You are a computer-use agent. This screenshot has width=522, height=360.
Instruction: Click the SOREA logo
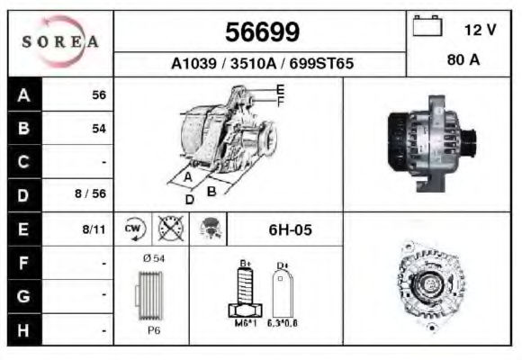point(60,41)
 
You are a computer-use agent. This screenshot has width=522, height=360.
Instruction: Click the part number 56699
point(262,32)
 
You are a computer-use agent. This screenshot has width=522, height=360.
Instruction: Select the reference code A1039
point(193,63)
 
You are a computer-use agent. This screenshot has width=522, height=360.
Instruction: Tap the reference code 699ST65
point(321,63)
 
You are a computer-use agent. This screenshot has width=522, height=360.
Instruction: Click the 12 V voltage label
point(480,30)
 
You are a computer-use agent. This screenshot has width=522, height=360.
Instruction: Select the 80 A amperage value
point(463,59)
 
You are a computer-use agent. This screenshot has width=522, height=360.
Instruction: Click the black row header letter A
point(23,95)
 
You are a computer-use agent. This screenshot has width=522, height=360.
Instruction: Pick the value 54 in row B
point(99,129)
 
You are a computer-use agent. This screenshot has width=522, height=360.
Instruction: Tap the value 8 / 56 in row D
point(90,193)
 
